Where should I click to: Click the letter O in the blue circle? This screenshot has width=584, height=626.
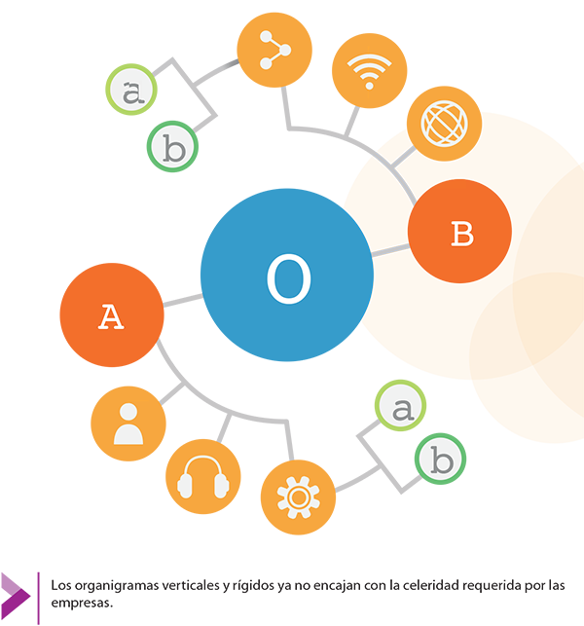[x=288, y=280]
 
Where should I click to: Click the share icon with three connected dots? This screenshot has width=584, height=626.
[x=275, y=51]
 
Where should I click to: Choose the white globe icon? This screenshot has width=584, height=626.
[x=444, y=125]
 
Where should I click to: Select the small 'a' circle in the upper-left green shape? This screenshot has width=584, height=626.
[x=128, y=92]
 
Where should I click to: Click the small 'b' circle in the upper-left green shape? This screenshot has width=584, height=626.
[x=174, y=150]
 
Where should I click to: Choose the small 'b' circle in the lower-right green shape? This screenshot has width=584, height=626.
[x=442, y=460]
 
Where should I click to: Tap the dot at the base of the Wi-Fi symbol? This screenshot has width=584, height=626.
[x=368, y=86]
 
